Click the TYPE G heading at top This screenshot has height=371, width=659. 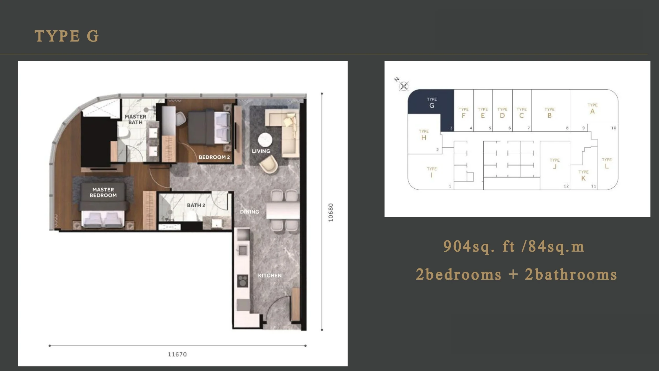tap(67, 36)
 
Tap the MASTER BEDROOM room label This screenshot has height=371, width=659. tap(103, 192)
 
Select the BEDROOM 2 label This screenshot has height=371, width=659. tap(214, 157)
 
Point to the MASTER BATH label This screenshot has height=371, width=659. tap(135, 119)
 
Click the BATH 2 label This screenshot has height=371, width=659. tap(196, 205)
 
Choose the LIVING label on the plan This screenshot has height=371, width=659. tap(261, 151)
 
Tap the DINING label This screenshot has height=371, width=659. tap(249, 212)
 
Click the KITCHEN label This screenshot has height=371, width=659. tap(270, 275)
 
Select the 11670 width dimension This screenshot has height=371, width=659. tap(177, 355)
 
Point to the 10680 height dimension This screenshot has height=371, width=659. tap(331, 212)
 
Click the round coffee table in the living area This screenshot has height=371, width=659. tap(265, 139)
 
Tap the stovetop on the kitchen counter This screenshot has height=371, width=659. tap(243, 281)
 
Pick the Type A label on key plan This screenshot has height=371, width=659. tap(592, 108)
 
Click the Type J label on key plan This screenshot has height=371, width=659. tap(555, 164)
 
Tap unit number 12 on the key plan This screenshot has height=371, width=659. tap(566, 186)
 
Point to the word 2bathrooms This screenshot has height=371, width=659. tap(571, 274)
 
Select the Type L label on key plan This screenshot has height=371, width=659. tap(607, 163)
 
